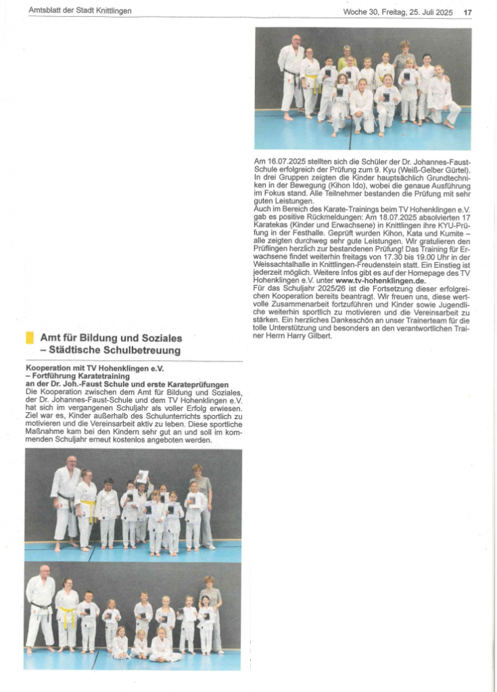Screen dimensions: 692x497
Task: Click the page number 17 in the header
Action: tap(467, 11)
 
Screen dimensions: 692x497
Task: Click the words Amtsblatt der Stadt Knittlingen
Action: tap(80, 11)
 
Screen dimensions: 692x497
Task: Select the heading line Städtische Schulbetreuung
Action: tap(110, 350)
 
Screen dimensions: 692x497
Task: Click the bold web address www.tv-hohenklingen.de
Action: tap(380, 280)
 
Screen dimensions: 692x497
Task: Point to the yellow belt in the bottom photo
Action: tap(68, 616)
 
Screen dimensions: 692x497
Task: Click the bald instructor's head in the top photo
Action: tap(296, 40)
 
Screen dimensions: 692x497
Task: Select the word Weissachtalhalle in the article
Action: tap(282, 265)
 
